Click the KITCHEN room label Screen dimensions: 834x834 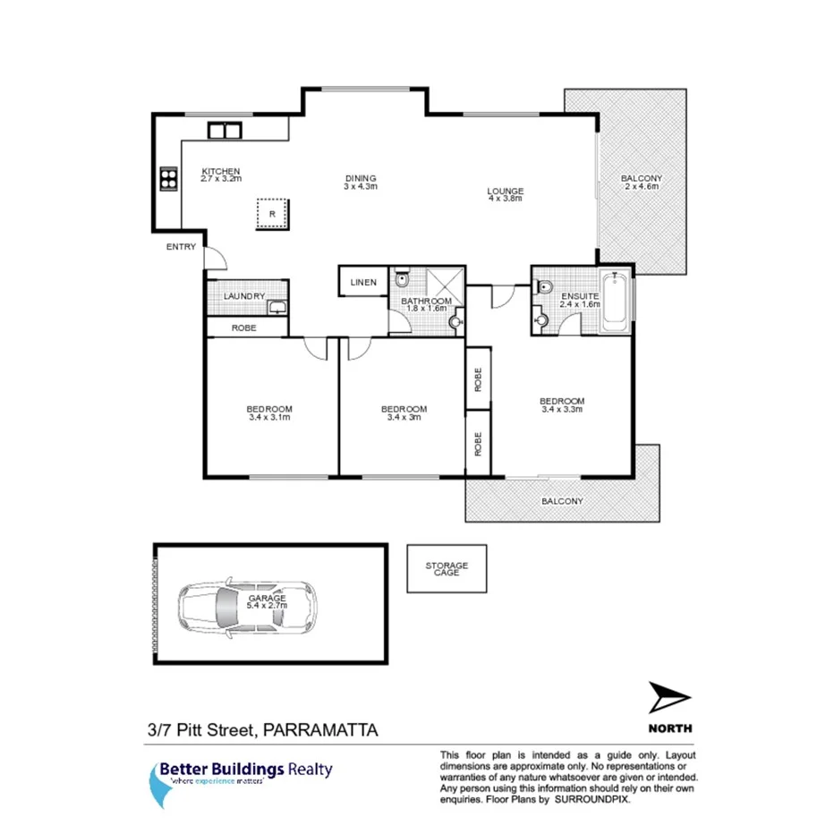220,172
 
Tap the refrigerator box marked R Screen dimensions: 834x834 272,214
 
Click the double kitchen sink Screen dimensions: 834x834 225,130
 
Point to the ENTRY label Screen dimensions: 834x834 181,248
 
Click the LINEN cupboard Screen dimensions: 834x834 362,282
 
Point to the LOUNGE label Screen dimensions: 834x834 505,191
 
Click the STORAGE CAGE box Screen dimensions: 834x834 446,568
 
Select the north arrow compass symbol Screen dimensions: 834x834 669,698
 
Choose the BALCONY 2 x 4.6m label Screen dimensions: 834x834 642,183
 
